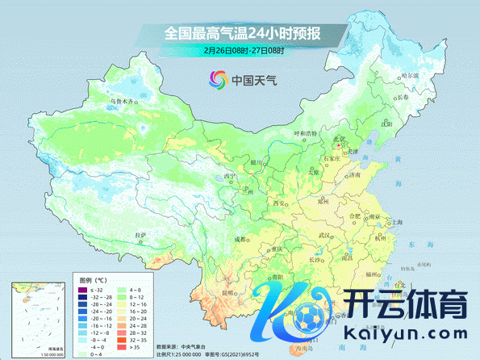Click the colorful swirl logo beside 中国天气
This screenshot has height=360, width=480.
pyautogui.click(x=217, y=79)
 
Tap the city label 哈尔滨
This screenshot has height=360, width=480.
pyautogui.click(x=411, y=75)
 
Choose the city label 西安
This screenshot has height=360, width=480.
pyautogui.click(x=280, y=203)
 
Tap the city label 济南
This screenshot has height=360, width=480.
pyautogui.click(x=354, y=174)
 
